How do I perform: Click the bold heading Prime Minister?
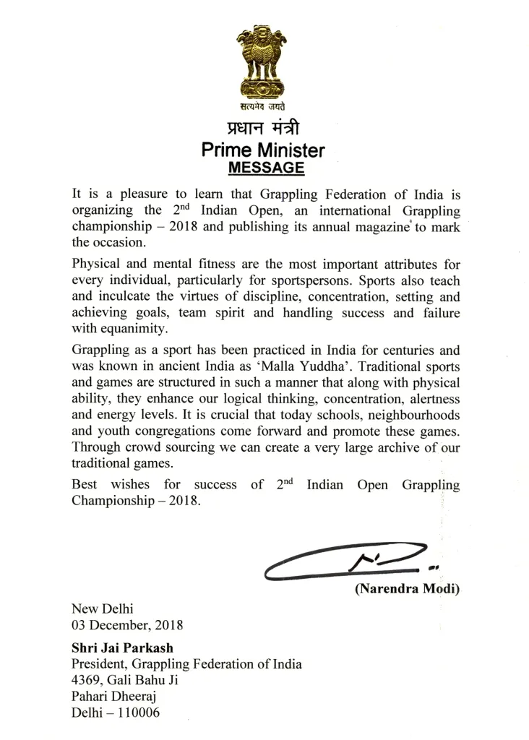click(x=263, y=151)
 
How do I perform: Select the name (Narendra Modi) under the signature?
click(x=407, y=589)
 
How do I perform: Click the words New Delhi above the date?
click(x=103, y=608)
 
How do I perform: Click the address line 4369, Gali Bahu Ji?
click(x=124, y=680)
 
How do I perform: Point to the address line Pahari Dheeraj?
click(x=114, y=696)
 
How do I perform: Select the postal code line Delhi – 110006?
click(x=116, y=713)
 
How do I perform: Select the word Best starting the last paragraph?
click(x=85, y=485)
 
